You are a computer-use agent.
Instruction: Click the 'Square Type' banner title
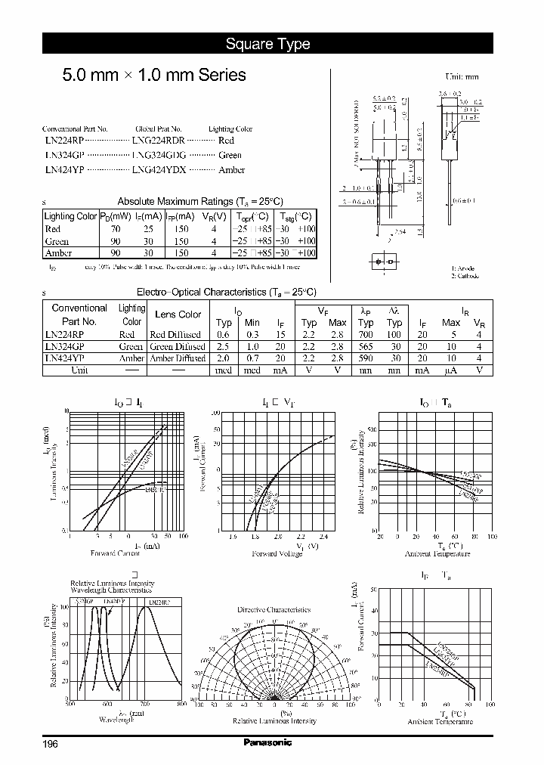(267, 44)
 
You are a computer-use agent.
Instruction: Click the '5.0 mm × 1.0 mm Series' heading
(153, 75)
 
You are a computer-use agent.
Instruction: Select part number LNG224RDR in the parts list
(158, 141)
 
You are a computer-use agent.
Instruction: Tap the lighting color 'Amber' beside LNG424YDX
(231, 170)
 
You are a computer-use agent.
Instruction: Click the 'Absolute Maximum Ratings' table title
(199, 201)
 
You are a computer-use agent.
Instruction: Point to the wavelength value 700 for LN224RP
(366, 334)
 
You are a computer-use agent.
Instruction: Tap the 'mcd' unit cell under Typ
(224, 370)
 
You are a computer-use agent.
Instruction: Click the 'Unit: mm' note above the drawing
(462, 77)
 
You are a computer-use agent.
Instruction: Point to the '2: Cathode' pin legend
(465, 276)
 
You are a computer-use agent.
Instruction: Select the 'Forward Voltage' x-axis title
(282, 553)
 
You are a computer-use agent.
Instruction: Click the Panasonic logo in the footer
(267, 743)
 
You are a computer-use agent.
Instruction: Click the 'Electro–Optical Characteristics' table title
(226, 292)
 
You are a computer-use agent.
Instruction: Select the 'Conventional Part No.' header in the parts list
(75, 129)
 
